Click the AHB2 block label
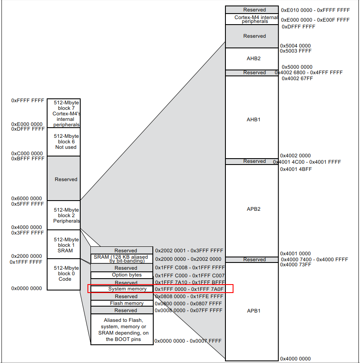point(253,59)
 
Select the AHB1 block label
point(253,120)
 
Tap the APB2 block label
point(253,209)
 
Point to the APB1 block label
point(253,311)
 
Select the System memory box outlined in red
point(121,289)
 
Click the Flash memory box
point(121,303)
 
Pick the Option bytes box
point(121,275)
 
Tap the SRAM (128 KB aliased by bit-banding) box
point(121,259)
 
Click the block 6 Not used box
point(64,142)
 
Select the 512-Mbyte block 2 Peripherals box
point(64,215)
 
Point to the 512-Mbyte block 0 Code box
point(64,274)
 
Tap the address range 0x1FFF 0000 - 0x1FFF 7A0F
point(189,289)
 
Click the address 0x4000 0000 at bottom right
point(295,359)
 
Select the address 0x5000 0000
point(296,67)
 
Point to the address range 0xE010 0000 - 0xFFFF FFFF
point(315,9)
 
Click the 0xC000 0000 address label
point(27,153)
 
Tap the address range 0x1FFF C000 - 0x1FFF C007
point(189,275)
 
